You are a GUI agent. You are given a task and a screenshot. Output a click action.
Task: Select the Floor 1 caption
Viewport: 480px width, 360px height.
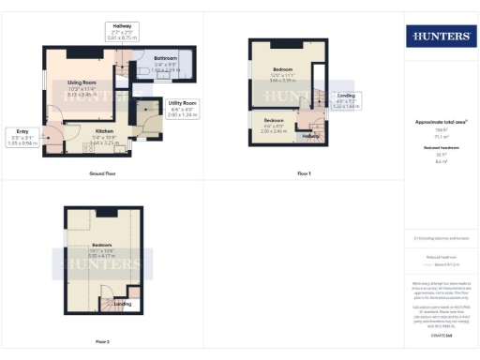(303, 174)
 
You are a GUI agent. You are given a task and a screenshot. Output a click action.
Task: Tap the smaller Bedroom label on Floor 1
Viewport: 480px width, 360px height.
(273, 122)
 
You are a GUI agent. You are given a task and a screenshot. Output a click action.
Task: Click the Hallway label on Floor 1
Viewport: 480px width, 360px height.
(309, 135)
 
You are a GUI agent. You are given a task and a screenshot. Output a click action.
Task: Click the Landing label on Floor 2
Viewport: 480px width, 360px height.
(122, 304)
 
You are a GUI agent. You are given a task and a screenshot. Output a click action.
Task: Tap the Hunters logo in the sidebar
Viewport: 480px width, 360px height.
(440, 36)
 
